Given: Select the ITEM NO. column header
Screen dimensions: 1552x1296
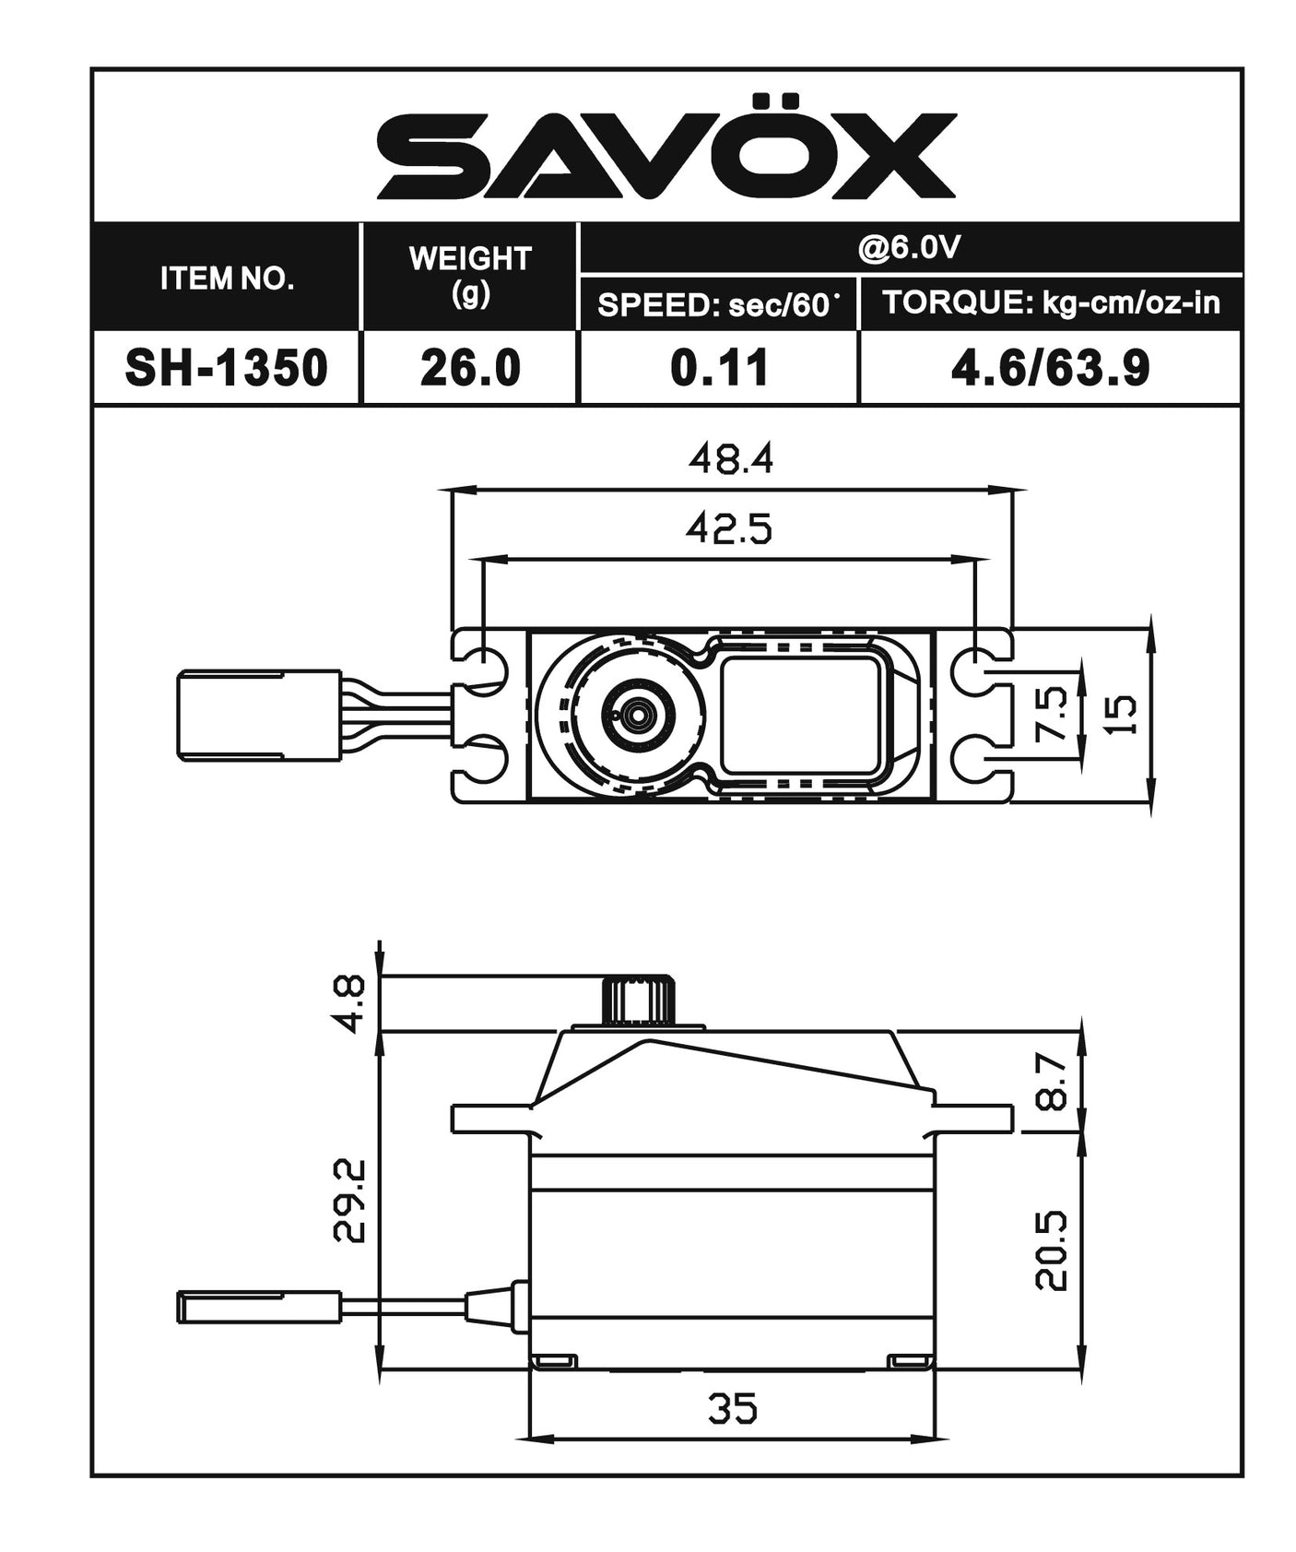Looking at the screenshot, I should (227, 278).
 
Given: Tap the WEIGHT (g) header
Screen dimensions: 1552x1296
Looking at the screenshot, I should (470, 275).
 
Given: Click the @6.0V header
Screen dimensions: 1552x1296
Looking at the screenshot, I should (909, 247).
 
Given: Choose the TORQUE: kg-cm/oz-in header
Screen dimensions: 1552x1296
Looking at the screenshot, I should (1051, 302).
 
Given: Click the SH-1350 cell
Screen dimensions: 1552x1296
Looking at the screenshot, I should (227, 368).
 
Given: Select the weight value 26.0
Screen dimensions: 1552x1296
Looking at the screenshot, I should (470, 368).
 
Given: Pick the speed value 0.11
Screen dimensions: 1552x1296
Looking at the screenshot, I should (718, 368).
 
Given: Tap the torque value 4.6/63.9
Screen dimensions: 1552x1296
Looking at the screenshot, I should (1050, 368).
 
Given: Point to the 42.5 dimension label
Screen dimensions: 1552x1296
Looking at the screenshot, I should (728, 528).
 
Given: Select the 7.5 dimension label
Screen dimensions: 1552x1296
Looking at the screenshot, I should (1052, 712).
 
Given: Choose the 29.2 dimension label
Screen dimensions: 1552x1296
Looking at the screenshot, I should (350, 1200).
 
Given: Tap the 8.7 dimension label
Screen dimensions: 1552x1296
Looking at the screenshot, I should (1052, 1082).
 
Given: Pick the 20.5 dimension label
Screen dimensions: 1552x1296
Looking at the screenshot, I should (1052, 1250).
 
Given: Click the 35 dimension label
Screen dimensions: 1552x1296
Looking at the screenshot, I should (733, 1409).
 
